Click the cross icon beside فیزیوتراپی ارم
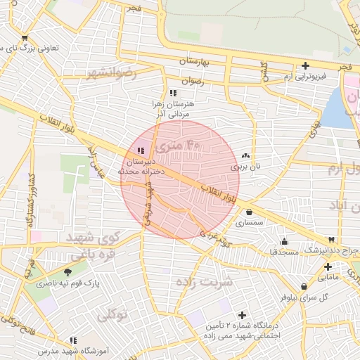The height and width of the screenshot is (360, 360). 304,65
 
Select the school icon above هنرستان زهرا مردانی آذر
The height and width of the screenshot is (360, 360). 173,92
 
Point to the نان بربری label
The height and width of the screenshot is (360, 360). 245,167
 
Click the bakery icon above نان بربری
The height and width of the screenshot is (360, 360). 245,156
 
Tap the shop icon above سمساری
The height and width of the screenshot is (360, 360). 250,212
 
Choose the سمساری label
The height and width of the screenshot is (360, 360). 250,223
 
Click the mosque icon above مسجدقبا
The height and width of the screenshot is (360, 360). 284,241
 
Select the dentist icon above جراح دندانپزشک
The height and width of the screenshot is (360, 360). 332,240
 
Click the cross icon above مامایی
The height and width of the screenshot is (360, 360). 328,266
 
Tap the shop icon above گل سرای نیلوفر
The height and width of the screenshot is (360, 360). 303,286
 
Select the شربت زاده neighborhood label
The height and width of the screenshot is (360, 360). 205,283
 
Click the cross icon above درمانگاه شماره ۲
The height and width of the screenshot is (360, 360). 243,315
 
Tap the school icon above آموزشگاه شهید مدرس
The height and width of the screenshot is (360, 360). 74,340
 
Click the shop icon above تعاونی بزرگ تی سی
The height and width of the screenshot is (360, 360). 25,39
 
